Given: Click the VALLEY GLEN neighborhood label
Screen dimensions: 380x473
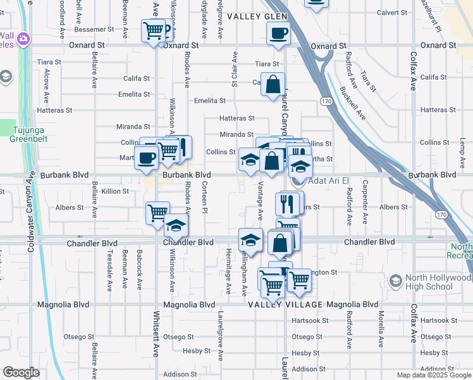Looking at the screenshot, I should (257, 16).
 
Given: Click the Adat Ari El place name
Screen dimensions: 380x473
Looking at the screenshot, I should (328, 180).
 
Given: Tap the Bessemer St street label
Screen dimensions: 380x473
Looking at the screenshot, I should (94, 29).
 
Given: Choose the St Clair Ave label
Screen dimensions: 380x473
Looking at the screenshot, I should (235, 73).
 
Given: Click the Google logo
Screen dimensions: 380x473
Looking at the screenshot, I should (21, 372).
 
